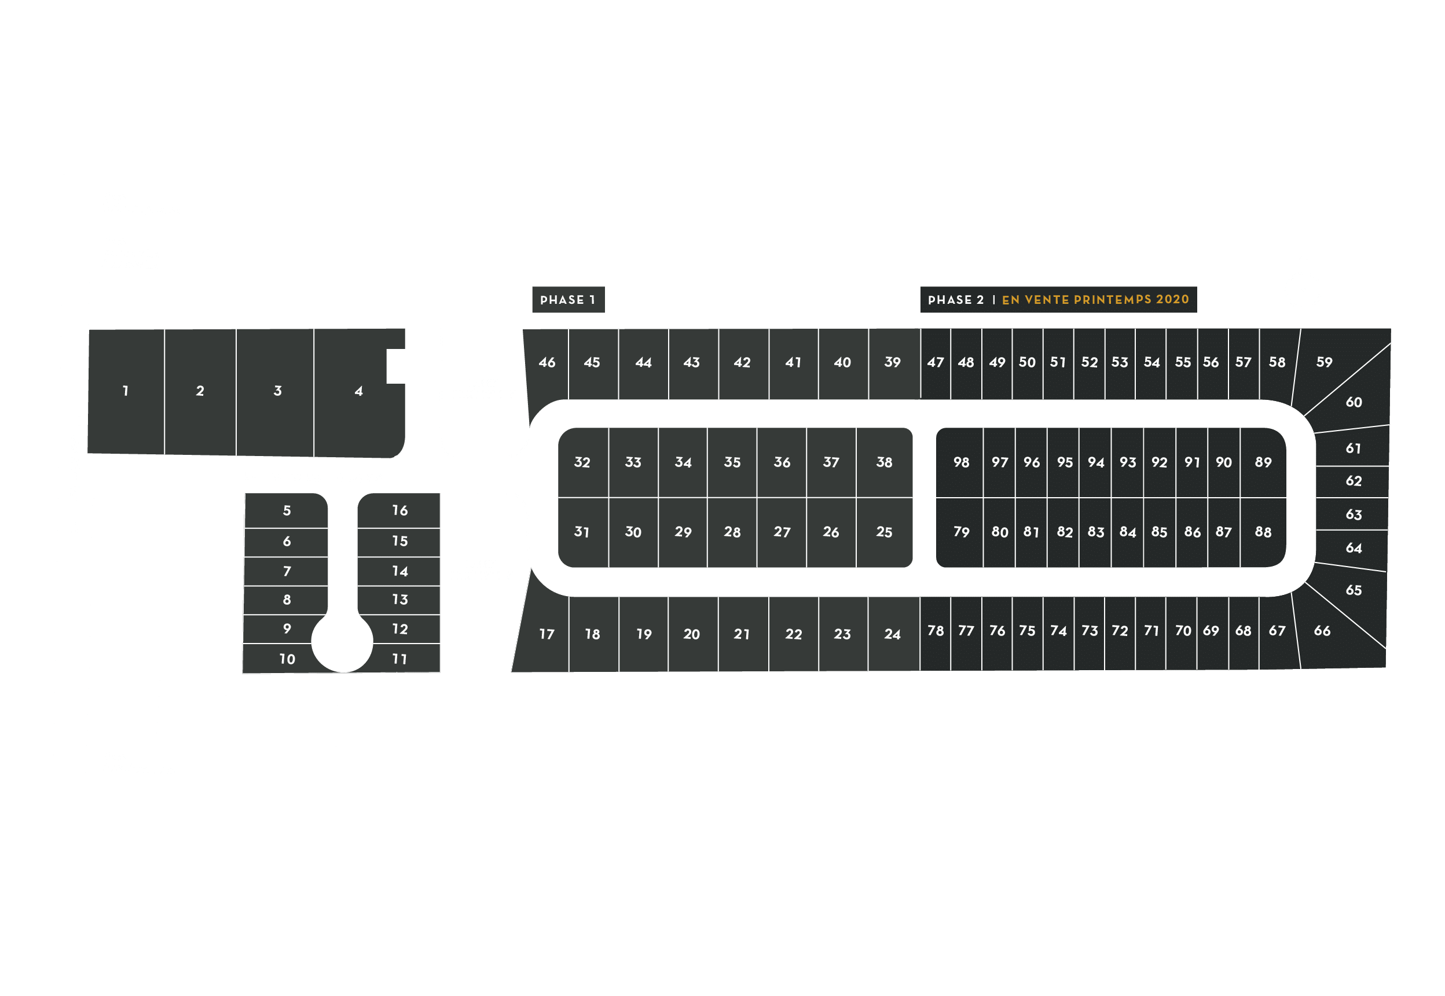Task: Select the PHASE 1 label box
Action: tap(567, 300)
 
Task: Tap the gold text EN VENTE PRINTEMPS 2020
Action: tap(1095, 300)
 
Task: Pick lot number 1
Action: tap(126, 391)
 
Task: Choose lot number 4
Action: tap(358, 391)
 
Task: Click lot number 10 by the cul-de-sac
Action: tap(287, 659)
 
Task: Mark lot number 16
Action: tap(399, 510)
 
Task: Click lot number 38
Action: tap(884, 462)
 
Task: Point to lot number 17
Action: tap(547, 634)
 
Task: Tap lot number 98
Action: tap(961, 462)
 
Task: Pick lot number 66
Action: tap(1322, 631)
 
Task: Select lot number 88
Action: tap(1263, 532)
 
